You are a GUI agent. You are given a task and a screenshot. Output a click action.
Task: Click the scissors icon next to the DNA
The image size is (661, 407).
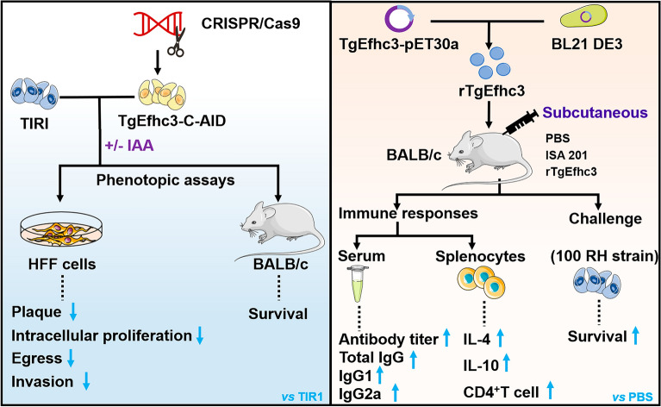(x=177, y=41)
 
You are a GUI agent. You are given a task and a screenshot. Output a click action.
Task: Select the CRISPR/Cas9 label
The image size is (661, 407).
(x=251, y=23)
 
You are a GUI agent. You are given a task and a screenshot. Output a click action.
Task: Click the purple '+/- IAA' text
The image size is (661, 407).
(x=129, y=146)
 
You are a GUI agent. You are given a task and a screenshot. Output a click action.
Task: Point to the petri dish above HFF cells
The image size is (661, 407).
(x=61, y=230)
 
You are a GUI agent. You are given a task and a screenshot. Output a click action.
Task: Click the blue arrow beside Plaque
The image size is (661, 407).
(x=73, y=311)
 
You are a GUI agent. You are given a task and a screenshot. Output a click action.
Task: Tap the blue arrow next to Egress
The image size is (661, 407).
(x=71, y=358)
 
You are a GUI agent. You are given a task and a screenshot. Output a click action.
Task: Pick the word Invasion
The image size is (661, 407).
(x=42, y=381)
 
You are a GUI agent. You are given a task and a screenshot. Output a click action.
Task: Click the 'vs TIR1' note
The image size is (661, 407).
(x=302, y=397)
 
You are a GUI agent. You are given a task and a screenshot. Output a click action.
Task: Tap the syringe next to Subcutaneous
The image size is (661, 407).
(x=520, y=122)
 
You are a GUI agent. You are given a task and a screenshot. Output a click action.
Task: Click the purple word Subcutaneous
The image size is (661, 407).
(x=595, y=113)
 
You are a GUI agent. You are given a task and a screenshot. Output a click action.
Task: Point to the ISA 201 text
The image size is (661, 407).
(x=565, y=155)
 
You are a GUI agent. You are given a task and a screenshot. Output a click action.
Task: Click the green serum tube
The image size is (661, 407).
(x=357, y=284)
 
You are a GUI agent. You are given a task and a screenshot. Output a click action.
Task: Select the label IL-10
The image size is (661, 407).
(x=481, y=366)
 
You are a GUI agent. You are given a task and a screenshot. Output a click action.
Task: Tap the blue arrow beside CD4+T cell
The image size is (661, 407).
(x=550, y=390)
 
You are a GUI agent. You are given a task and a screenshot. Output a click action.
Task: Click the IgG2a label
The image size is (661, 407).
(x=360, y=393)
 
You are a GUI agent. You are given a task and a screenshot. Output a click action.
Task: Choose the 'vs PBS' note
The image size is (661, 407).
(x=633, y=397)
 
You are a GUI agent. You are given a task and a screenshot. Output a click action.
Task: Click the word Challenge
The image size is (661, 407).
(x=605, y=218)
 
